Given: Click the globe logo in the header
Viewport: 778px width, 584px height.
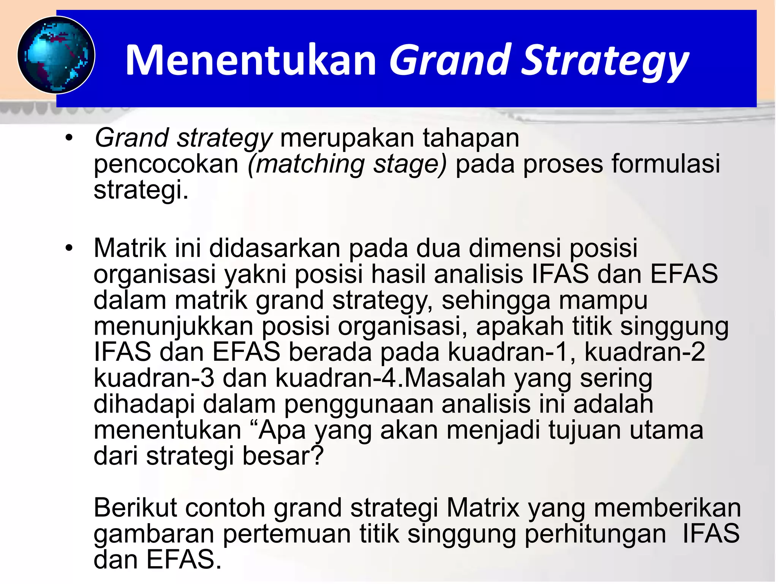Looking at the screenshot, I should pos(56,55).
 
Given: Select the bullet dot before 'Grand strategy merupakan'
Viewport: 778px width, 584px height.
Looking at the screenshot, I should pos(68,138).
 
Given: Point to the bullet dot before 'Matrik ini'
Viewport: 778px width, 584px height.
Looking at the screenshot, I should pos(68,248).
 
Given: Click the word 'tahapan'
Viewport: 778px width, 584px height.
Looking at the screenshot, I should pos(471,138).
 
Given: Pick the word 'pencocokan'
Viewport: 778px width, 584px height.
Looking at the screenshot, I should pos(166,164).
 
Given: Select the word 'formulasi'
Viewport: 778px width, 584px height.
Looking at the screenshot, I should pos(666,164).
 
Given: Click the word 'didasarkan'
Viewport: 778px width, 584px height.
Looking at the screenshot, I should pos(275,248).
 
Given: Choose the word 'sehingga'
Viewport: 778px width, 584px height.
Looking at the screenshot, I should pos(496,300).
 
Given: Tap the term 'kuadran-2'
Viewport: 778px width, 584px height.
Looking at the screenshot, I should pos(645,352).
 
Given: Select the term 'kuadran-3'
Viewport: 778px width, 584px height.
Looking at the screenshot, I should pos(154,378).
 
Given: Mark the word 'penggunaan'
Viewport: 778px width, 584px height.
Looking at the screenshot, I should pos(359,404).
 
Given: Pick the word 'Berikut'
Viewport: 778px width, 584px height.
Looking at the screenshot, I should pos(135,508).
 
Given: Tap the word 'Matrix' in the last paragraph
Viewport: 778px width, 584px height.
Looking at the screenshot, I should pos(483,508).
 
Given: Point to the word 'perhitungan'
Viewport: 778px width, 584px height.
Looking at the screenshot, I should pos(595,534).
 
